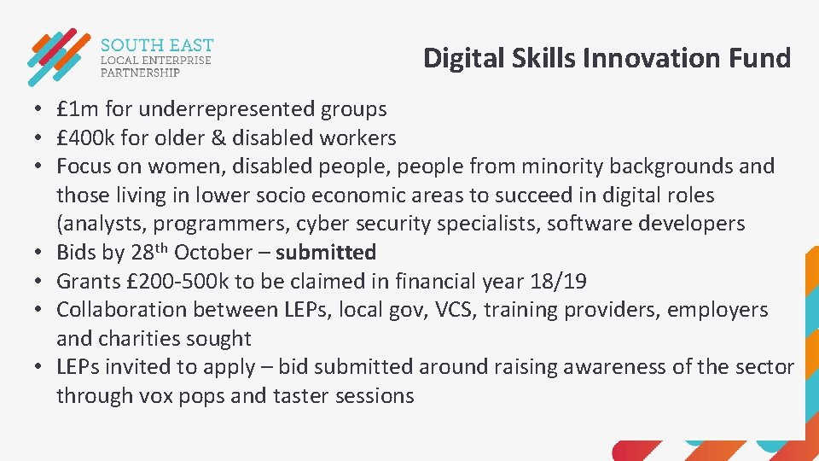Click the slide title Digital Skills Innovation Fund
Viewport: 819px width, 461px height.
(607, 58)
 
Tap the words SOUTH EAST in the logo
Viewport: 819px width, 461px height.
(157, 45)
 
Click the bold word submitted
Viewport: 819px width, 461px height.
(326, 253)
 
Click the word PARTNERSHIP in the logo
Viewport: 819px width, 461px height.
(141, 73)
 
